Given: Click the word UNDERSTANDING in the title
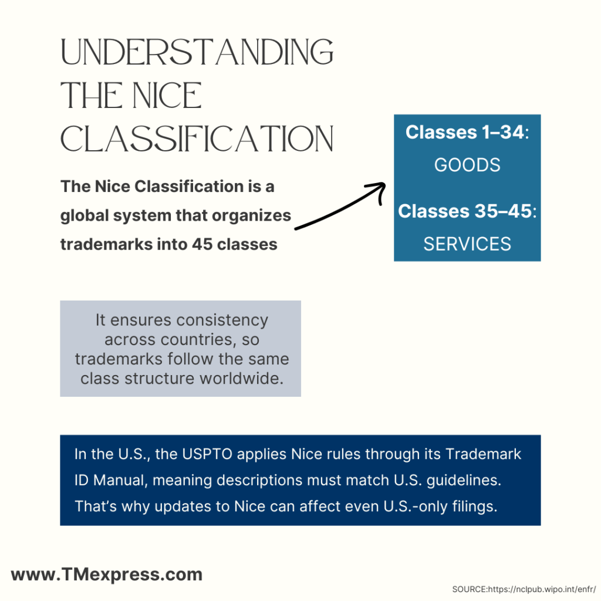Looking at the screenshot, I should [x=197, y=53].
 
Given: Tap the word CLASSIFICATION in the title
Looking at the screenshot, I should [x=197, y=140].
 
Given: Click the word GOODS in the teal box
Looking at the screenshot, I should [x=467, y=165].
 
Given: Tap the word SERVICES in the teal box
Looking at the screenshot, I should [x=467, y=244].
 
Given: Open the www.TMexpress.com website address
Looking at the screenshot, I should [x=107, y=575].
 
